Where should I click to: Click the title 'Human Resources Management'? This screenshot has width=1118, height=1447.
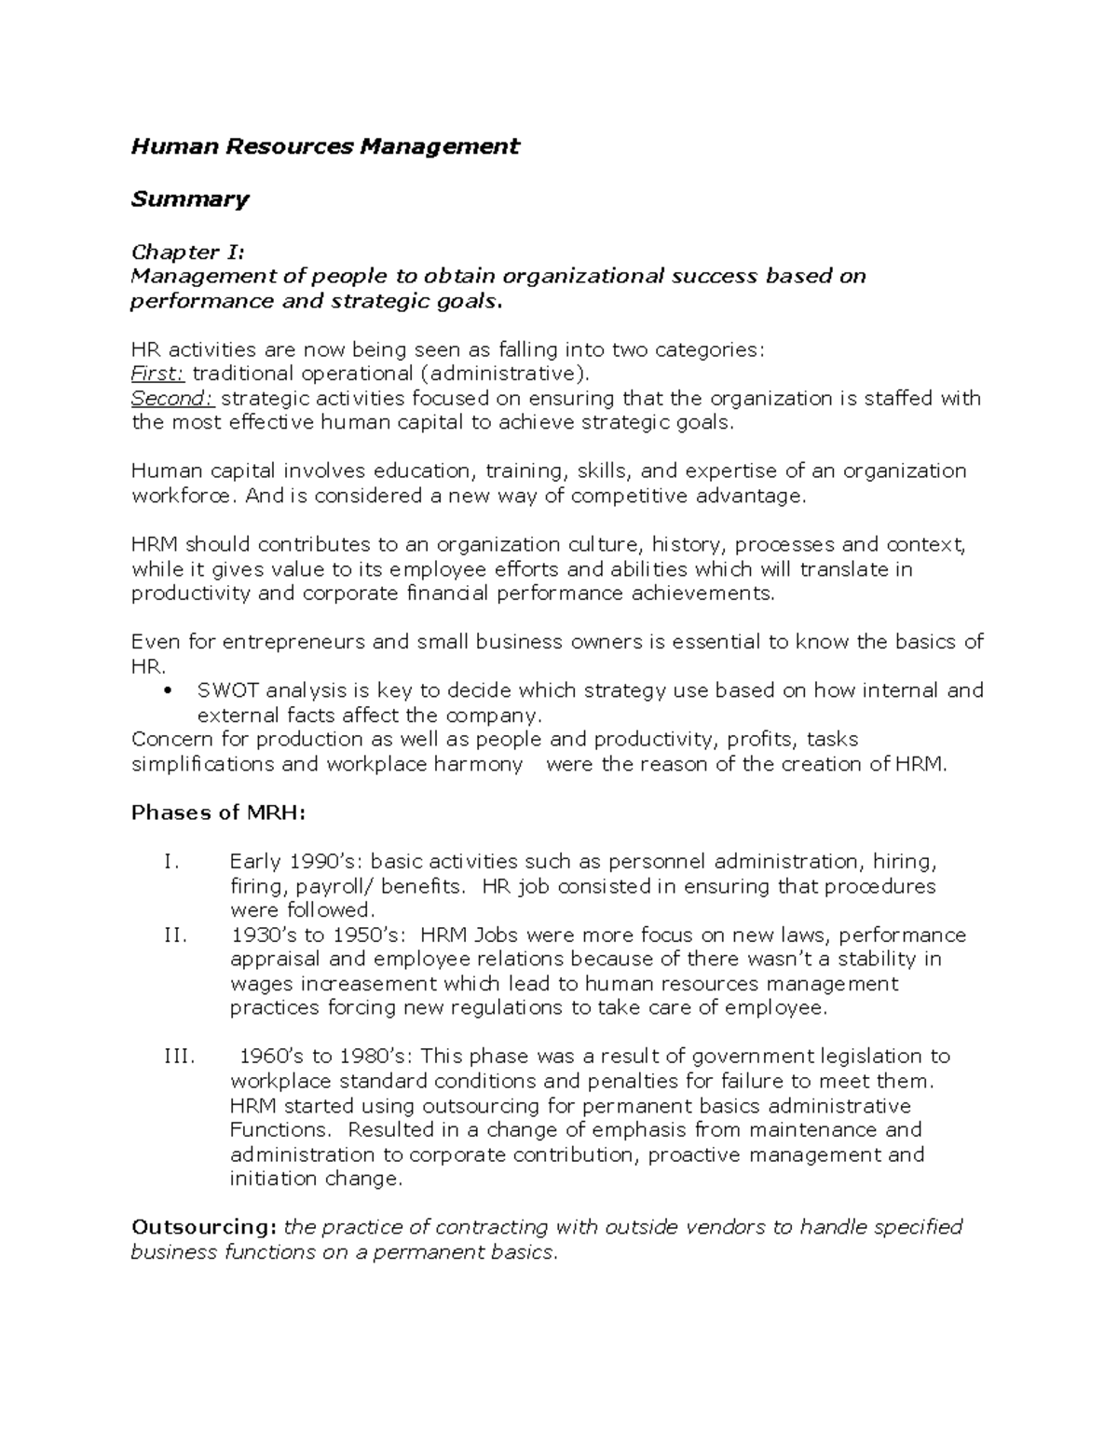[324, 146]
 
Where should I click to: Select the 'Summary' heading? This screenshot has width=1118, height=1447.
[189, 199]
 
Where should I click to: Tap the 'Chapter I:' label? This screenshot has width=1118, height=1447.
[188, 252]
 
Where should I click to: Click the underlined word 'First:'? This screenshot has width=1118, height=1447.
[157, 374]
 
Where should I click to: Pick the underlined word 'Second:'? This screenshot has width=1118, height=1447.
[173, 399]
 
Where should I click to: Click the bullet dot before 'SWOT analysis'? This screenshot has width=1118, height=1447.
[168, 691]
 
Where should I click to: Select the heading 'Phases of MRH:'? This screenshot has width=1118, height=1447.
[218, 812]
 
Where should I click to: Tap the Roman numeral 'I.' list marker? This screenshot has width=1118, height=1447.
[170, 862]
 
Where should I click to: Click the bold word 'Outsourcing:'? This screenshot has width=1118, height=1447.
[203, 1227]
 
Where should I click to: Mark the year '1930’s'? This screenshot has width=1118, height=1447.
[266, 935]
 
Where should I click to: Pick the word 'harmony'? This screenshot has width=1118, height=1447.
[479, 764]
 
